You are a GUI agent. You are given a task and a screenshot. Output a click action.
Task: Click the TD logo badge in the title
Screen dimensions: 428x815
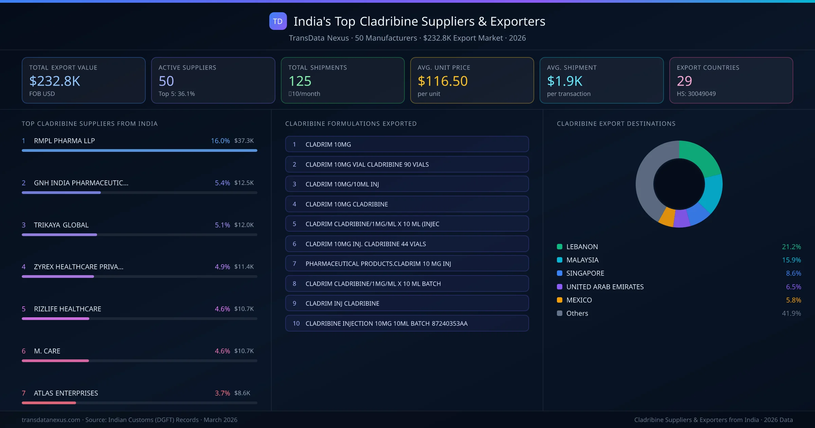pos(278,21)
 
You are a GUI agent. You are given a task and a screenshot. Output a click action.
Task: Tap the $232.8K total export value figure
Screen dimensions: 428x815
pos(55,81)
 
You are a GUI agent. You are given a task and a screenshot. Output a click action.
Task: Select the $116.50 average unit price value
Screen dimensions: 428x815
pos(442,81)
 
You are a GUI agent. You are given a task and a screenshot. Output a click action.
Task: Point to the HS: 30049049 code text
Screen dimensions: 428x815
pos(696,94)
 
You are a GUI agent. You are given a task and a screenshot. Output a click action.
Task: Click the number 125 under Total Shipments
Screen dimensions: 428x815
pos(300,81)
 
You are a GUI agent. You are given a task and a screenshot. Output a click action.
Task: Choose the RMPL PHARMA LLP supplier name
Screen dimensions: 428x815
pos(64,141)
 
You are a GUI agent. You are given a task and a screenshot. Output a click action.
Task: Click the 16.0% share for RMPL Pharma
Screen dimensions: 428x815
pos(220,141)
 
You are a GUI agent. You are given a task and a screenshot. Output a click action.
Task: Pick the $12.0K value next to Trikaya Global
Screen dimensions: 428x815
pos(244,225)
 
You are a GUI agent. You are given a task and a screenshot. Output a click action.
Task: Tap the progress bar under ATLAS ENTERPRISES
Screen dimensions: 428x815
pos(139,403)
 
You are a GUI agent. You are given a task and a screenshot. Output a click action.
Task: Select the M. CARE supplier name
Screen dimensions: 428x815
pos(47,351)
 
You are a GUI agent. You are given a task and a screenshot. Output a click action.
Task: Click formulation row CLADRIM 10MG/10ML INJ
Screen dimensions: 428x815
pos(407,184)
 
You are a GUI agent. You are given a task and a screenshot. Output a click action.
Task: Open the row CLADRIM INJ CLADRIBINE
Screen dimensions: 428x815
pos(407,303)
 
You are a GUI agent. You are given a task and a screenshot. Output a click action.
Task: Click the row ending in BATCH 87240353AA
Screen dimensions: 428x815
pos(407,323)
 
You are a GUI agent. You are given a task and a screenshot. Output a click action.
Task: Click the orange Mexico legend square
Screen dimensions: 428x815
pos(560,300)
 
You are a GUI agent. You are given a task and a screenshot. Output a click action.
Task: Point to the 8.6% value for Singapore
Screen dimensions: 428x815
pos(793,273)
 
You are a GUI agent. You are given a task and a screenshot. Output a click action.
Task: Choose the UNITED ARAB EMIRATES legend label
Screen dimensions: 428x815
pos(605,287)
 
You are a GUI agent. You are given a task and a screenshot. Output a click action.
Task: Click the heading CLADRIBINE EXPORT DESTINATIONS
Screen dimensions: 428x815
pos(616,124)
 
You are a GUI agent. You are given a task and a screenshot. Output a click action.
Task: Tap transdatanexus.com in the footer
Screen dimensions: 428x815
pos(51,420)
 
